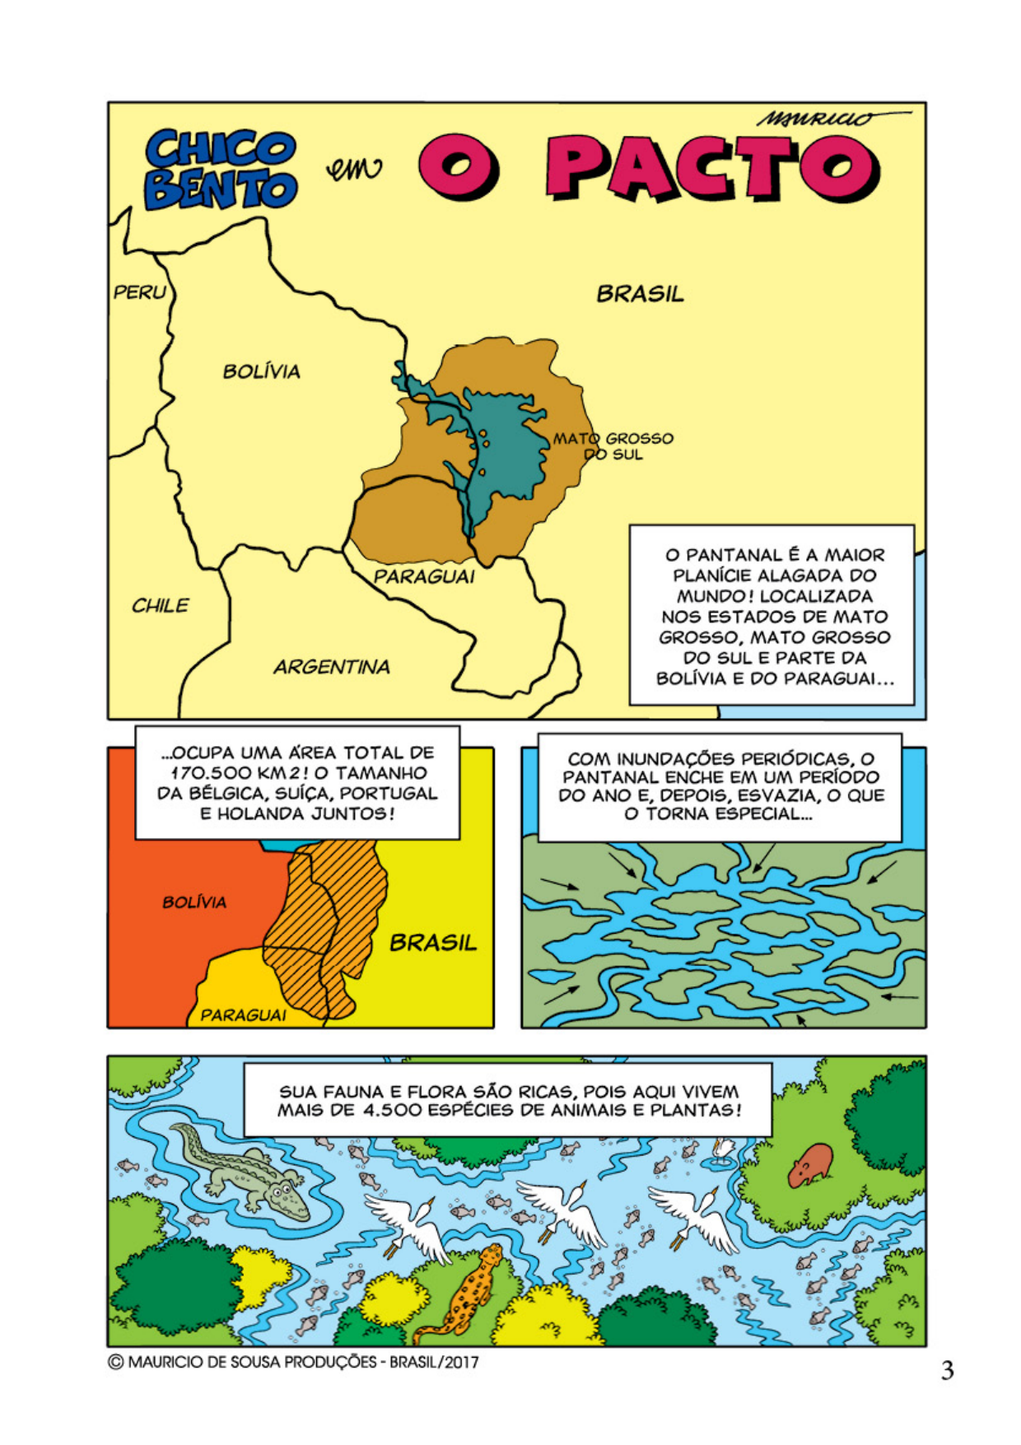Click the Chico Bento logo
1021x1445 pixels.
(x=221, y=169)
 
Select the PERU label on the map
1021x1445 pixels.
(x=139, y=292)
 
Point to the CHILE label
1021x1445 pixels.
(x=160, y=606)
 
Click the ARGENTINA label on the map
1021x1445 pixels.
(x=331, y=667)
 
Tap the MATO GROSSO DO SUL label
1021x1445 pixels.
(x=613, y=446)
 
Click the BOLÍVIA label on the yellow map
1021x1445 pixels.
(x=261, y=371)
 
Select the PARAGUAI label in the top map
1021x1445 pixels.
(x=424, y=576)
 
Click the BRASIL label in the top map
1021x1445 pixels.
(x=640, y=294)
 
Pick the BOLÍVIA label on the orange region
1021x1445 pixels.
(x=194, y=902)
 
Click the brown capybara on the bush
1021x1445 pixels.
(x=812, y=1164)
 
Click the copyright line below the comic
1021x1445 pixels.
(x=293, y=1362)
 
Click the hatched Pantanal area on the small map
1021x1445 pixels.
(x=329, y=922)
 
